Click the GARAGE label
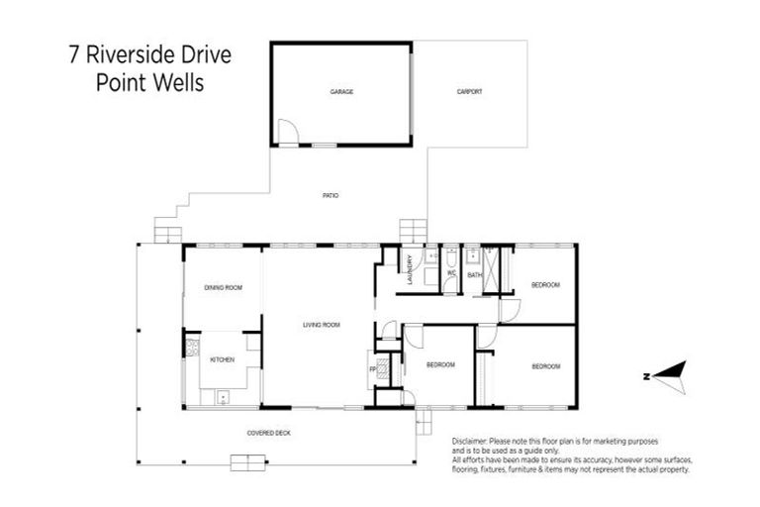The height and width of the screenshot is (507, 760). tap(342, 92)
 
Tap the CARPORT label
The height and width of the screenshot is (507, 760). tap(469, 92)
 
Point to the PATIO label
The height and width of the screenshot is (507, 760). tap(331, 196)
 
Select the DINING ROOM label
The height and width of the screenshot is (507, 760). tap(224, 287)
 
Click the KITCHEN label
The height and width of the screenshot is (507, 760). tap(223, 359)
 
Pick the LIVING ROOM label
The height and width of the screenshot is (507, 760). tap(322, 325)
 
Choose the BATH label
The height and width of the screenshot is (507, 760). tap(474, 274)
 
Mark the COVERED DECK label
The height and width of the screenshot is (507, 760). tap(268, 433)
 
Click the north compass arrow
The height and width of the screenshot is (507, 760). tap(664, 374)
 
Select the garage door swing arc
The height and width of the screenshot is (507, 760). tap(286, 131)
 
